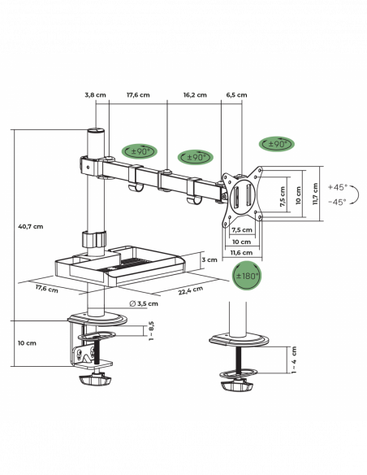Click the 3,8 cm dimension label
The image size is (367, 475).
[x=95, y=95]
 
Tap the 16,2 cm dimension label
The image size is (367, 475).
[x=195, y=95]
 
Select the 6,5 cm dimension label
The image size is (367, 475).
[x=236, y=95]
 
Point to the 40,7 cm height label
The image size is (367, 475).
[x=31, y=226]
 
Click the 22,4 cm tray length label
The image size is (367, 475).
[x=191, y=290]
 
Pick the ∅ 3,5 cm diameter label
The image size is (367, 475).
[x=144, y=303]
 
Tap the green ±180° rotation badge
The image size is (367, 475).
[x=247, y=276]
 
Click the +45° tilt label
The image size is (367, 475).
[x=338, y=187]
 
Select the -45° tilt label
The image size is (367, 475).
[x=338, y=202]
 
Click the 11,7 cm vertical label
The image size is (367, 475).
[x=316, y=194]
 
